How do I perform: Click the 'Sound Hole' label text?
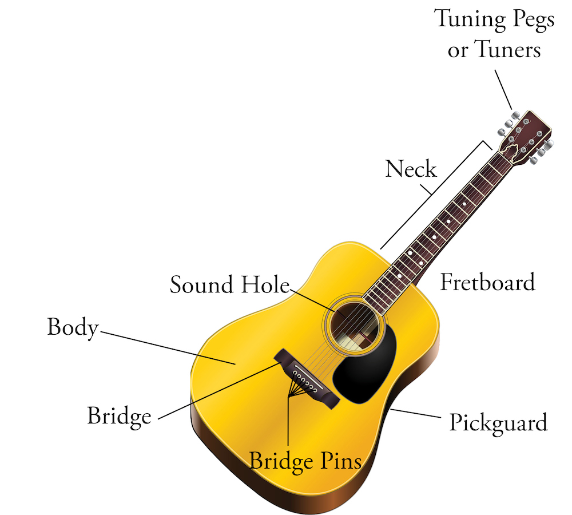pyautogui.click(x=230, y=285)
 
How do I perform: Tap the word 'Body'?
pyautogui.click(x=73, y=327)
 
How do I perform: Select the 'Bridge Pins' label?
pyautogui.click(x=305, y=461)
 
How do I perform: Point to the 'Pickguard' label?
pyautogui.click(x=498, y=423)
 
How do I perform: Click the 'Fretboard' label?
pyautogui.click(x=488, y=282)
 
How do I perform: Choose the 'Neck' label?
pyautogui.click(x=411, y=169)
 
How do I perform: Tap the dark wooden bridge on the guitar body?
pyautogui.click(x=307, y=379)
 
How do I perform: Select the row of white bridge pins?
pyautogui.click(x=305, y=381)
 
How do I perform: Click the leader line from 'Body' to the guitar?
pyautogui.click(x=168, y=348)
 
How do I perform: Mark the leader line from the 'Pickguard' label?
pyautogui.click(x=415, y=413)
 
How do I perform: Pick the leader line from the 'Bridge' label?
pyautogui.click(x=219, y=391)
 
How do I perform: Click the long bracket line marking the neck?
pyautogui.click(x=436, y=195)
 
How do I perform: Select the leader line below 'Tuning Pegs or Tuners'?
pyautogui.click(x=503, y=90)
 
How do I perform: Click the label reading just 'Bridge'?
pyautogui.click(x=120, y=417)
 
